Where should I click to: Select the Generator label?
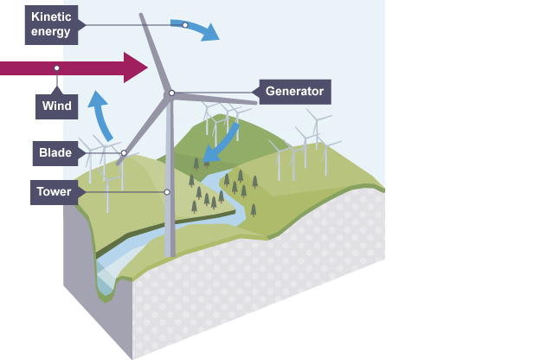click(x=294, y=90)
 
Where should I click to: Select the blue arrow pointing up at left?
click(x=101, y=112)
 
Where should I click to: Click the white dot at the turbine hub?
click(x=171, y=93)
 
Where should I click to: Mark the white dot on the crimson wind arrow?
click(x=57, y=67)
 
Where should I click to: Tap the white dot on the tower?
click(x=167, y=191)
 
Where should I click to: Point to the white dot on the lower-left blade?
click(x=124, y=153)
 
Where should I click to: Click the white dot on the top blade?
click(x=185, y=24)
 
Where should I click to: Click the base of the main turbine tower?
click(x=170, y=253)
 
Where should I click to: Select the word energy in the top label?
click(x=50, y=32)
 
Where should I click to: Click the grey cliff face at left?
click(x=95, y=286)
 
